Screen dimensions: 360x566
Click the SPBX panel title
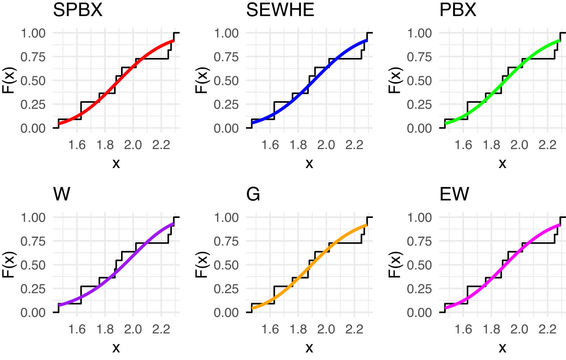click(78, 10)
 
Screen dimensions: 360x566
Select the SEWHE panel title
click(280, 10)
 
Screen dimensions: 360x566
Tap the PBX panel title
click(458, 10)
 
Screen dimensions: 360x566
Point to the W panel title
click(62, 194)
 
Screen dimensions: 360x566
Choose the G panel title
click(253, 194)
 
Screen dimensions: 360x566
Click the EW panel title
click(454, 194)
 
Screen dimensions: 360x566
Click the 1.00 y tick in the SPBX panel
click(33, 33)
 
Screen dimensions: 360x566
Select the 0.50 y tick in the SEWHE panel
click(226, 81)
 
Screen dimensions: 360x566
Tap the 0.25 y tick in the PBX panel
click(419, 105)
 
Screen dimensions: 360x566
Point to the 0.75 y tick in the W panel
click(33, 241)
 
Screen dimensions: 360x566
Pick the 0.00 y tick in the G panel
click(226, 313)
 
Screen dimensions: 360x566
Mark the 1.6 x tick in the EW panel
click(463, 329)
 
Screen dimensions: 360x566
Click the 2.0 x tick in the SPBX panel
click(133, 145)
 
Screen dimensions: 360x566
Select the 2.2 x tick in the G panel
click(354, 329)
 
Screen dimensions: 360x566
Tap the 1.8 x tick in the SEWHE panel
click(298, 145)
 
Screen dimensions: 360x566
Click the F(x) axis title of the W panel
click(9, 265)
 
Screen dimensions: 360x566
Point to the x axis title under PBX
click(502, 163)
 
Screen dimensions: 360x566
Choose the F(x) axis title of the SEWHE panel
click(202, 81)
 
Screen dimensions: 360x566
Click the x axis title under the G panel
click(309, 348)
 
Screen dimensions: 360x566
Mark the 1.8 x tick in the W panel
click(105, 329)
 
